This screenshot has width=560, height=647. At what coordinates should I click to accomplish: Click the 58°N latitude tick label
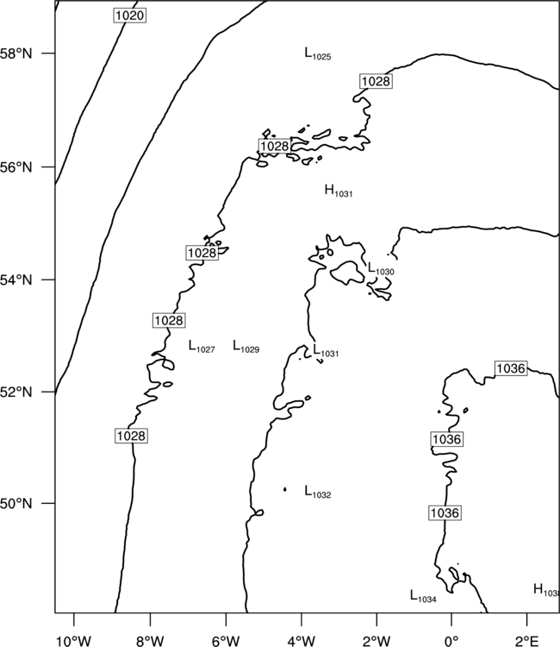(x=16, y=53)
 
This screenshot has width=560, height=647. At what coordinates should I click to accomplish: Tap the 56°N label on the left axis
(x=16, y=167)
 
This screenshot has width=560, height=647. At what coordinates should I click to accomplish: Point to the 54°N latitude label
(x=16, y=280)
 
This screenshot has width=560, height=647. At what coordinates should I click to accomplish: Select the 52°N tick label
(x=16, y=392)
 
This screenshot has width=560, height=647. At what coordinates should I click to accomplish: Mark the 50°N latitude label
(x=16, y=504)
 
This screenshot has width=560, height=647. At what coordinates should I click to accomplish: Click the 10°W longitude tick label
(x=73, y=641)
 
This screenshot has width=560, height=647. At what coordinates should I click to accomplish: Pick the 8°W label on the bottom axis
(x=150, y=641)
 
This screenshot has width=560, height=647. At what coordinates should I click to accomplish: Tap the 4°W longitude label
(x=302, y=641)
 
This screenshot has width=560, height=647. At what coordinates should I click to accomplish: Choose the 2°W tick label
(x=376, y=641)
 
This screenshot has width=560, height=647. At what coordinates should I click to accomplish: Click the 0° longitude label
(x=451, y=641)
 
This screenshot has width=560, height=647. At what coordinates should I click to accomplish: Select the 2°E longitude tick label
(x=526, y=641)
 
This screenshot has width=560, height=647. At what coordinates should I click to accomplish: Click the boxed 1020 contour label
(x=130, y=16)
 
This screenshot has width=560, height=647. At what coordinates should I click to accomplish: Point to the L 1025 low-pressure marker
(x=318, y=54)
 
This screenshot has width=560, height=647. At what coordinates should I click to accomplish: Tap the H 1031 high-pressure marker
(x=339, y=191)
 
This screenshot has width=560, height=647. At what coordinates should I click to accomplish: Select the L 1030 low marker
(x=381, y=269)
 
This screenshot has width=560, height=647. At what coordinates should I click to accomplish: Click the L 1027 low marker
(x=202, y=347)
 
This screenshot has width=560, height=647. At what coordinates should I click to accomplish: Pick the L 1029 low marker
(x=246, y=347)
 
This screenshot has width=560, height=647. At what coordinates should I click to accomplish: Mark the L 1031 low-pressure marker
(x=326, y=351)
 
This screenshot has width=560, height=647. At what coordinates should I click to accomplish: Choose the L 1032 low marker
(x=318, y=492)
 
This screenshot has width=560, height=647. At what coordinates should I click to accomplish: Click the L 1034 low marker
(x=423, y=596)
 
